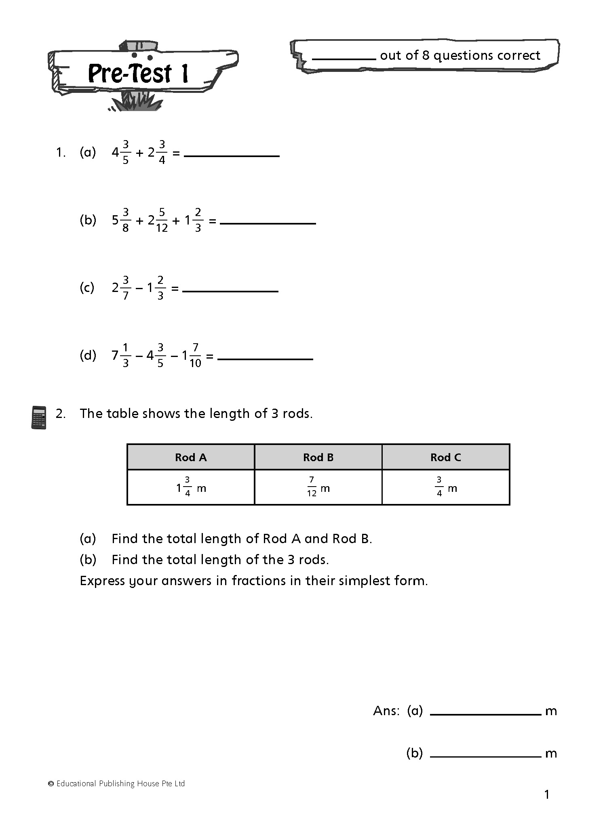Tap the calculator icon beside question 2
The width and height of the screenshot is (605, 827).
click(x=39, y=417)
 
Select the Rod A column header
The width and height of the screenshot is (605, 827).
click(x=191, y=457)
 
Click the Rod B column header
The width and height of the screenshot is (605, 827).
click(x=318, y=457)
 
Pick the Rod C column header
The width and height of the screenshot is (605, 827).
click(x=445, y=457)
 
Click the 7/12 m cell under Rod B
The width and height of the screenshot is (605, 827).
click(x=318, y=487)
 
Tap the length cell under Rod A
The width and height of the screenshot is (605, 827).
click(x=191, y=487)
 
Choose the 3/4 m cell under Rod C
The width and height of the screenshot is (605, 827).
click(x=445, y=487)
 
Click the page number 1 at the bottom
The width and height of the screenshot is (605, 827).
click(x=547, y=795)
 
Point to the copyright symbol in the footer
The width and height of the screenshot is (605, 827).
click(x=51, y=784)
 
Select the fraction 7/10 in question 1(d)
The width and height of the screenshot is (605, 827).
click(x=195, y=355)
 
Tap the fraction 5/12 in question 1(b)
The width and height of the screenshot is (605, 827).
click(x=162, y=220)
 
